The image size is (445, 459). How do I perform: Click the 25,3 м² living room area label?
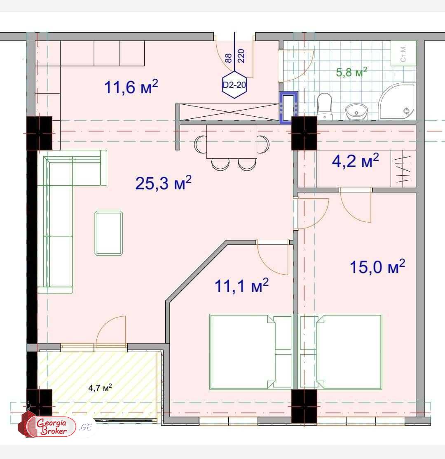click(163, 183)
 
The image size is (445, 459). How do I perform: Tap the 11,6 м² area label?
click(131, 87)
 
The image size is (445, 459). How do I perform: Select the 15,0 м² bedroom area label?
click(377, 267)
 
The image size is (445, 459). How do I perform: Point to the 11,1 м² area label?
click(242, 285)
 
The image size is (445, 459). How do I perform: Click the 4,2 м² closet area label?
click(355, 161)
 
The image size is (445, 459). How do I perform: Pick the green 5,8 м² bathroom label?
click(351, 73)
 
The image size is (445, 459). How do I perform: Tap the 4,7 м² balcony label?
click(100, 388)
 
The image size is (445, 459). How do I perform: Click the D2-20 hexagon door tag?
click(234, 85)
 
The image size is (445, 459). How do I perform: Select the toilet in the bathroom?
click(325, 106)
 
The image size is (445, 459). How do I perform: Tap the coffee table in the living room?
click(109, 233)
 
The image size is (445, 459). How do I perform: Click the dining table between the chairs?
click(232, 141)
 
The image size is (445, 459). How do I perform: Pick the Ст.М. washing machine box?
click(403, 53)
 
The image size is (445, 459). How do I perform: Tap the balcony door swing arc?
click(111, 330)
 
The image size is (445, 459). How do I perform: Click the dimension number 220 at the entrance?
click(241, 55)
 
